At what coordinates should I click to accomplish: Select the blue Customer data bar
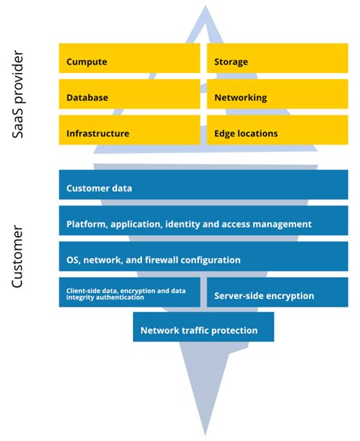[x=204, y=186]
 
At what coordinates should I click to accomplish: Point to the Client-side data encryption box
[x=129, y=294]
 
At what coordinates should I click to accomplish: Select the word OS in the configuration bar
[x=74, y=260]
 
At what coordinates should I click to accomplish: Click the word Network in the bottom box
[x=159, y=330]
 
